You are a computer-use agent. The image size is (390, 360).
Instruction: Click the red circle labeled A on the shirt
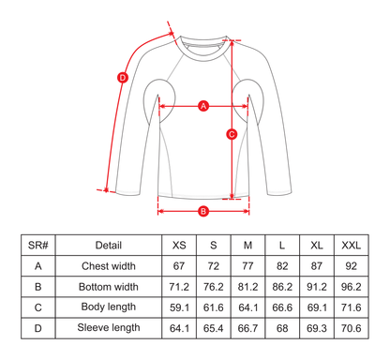(x=203, y=106)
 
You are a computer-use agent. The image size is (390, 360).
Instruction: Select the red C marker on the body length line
(x=232, y=134)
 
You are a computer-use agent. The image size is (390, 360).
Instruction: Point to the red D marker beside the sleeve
(x=122, y=78)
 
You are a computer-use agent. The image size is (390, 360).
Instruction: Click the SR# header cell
(x=38, y=246)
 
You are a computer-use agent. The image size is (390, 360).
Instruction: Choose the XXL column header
(x=350, y=246)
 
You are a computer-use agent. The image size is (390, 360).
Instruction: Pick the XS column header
(x=179, y=246)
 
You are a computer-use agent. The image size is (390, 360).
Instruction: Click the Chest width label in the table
(x=109, y=266)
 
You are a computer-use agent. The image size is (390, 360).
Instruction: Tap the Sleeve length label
(x=109, y=328)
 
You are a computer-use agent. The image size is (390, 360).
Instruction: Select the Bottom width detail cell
(x=109, y=287)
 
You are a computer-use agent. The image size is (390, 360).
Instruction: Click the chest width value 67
(x=179, y=266)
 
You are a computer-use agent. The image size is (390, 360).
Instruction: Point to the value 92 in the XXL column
(x=350, y=266)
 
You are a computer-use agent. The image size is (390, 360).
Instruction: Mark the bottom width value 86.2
(x=281, y=287)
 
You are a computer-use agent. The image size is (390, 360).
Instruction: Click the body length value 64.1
(x=247, y=307)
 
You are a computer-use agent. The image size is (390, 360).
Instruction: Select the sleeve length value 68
(x=281, y=328)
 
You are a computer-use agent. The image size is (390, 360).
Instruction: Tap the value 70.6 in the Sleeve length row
(x=350, y=328)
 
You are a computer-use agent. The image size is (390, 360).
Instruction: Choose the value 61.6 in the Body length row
(x=213, y=307)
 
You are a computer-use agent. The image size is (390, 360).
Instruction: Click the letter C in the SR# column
(x=38, y=307)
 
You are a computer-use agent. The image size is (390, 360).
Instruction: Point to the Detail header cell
(x=109, y=246)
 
